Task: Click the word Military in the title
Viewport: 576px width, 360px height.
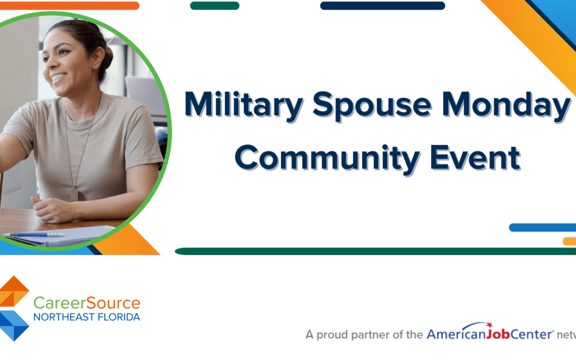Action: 244,105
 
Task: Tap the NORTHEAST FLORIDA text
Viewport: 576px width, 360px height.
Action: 86,317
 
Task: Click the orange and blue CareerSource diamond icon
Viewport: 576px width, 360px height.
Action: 14,308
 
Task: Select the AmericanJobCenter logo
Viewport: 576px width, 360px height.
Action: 489,334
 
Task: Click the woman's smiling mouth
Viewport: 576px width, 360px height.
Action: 58,78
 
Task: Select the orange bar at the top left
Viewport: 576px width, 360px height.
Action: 69,6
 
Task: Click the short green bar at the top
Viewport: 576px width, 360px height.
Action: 214,6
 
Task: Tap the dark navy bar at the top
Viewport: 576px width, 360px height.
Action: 382,6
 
